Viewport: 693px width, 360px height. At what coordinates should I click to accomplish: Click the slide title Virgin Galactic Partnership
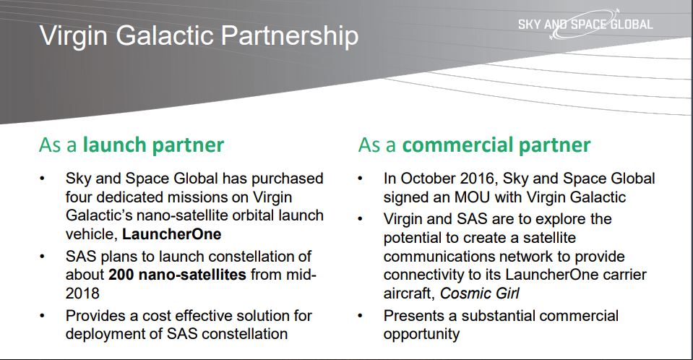(x=199, y=36)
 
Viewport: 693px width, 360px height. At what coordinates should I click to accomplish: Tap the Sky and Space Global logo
(x=585, y=24)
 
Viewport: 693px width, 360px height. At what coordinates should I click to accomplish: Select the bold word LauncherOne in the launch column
(x=171, y=234)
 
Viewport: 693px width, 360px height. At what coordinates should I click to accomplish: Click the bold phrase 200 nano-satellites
(x=177, y=275)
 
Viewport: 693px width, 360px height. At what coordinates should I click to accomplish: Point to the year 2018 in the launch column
(x=82, y=293)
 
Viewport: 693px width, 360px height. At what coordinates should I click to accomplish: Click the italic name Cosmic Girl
(x=480, y=293)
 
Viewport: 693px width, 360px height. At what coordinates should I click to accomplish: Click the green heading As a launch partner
(x=132, y=145)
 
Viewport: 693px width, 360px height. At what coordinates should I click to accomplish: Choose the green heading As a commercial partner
(x=474, y=145)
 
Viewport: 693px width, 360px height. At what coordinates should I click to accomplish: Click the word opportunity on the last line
(x=421, y=334)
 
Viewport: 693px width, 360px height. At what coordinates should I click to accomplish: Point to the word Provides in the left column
(x=95, y=316)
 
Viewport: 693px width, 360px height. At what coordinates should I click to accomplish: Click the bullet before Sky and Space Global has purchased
(x=42, y=179)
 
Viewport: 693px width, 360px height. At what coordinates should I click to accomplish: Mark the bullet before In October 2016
(x=360, y=179)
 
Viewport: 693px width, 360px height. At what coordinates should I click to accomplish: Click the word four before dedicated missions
(x=79, y=197)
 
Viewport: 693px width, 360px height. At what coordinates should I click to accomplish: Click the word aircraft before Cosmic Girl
(x=409, y=293)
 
